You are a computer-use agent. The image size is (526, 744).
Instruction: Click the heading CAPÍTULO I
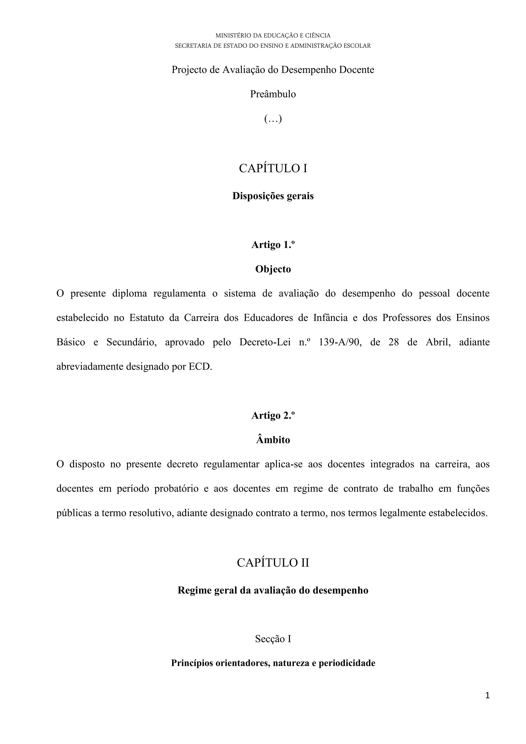click(x=273, y=169)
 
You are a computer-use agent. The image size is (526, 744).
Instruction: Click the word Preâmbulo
click(x=273, y=94)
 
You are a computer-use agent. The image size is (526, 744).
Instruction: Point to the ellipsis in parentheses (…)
click(x=273, y=119)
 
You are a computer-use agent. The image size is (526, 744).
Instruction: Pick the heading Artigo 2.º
click(x=273, y=415)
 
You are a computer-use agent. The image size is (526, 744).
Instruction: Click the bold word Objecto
click(x=273, y=269)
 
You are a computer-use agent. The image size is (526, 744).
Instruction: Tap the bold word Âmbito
click(x=273, y=440)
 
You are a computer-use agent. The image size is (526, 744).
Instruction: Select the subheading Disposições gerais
click(x=273, y=196)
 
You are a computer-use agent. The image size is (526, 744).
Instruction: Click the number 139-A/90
click(x=340, y=342)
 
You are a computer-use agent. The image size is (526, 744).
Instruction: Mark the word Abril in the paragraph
click(x=438, y=342)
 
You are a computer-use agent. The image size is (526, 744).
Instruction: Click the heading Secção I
click(x=273, y=639)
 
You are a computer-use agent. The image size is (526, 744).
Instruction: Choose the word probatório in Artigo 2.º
click(x=176, y=489)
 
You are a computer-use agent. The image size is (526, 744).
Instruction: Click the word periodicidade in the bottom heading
click(x=347, y=663)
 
